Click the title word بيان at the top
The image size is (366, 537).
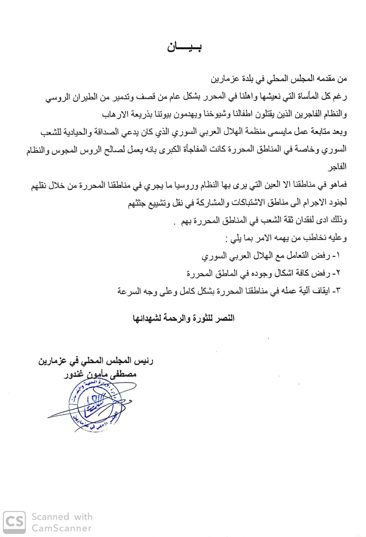pyautogui.click(x=184, y=47)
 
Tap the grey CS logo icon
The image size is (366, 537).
pyautogui.click(x=14, y=522)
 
